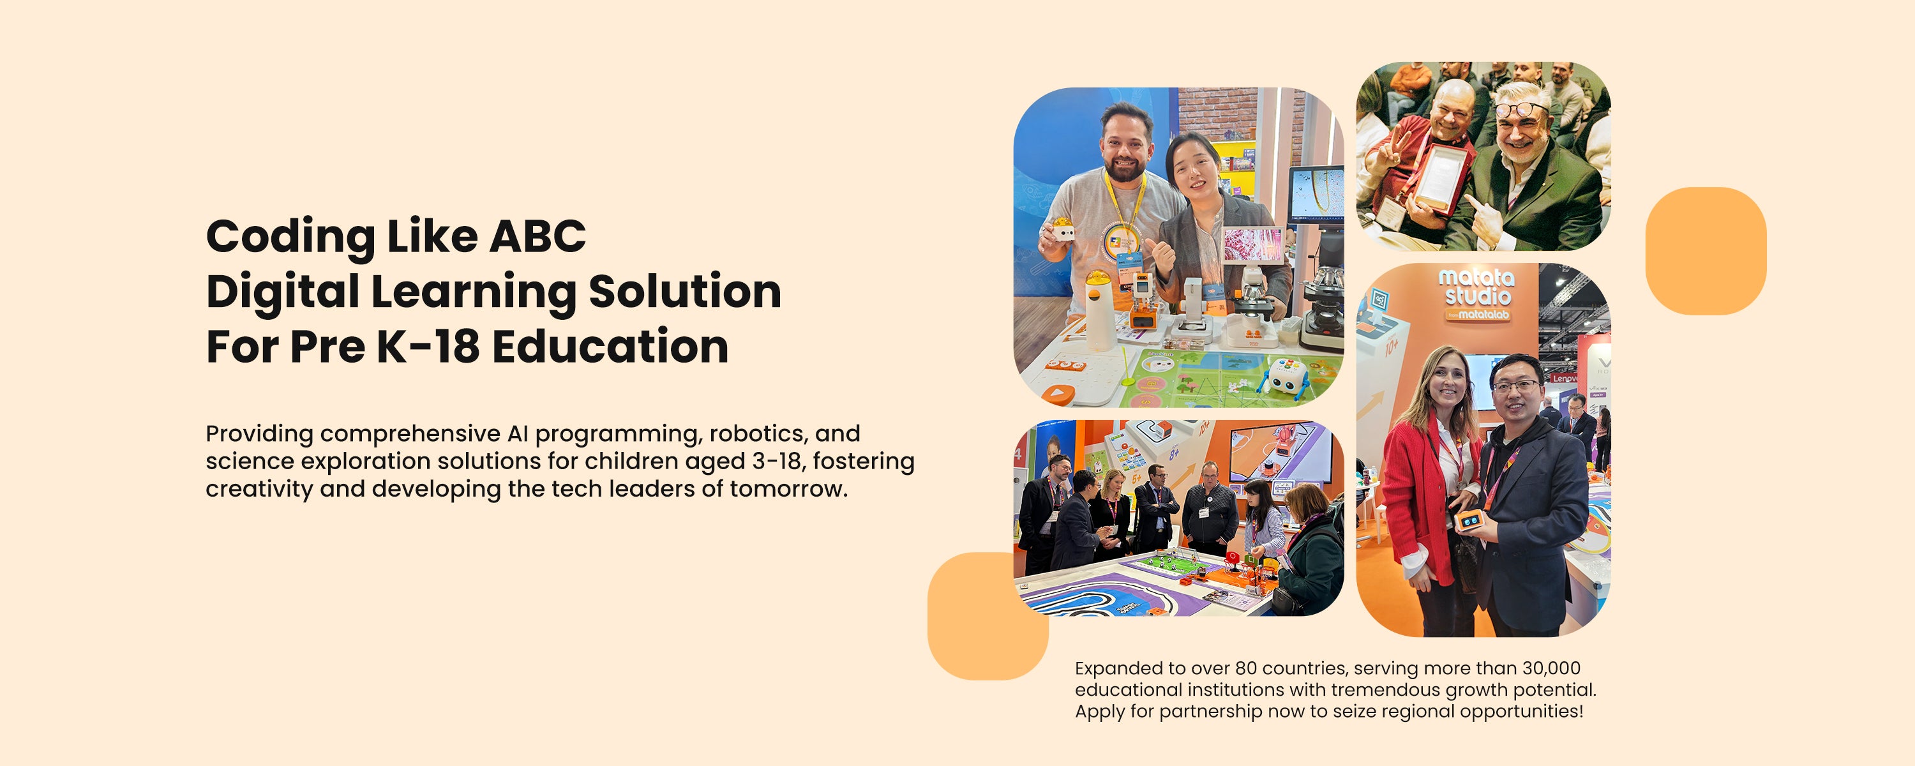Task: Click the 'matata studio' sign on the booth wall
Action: [1476, 288]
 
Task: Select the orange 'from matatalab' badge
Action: [1476, 315]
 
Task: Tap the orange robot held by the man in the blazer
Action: [1469, 519]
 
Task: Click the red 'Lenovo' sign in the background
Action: [1563, 379]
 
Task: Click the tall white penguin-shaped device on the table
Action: [1100, 310]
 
